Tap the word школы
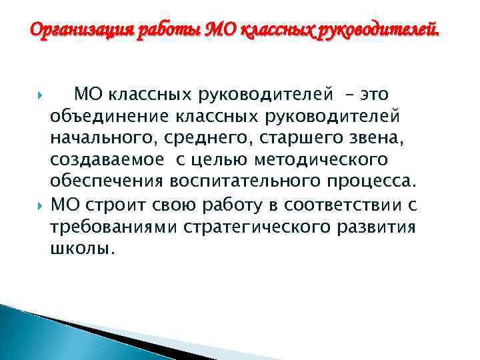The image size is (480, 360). [x=82, y=249]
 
